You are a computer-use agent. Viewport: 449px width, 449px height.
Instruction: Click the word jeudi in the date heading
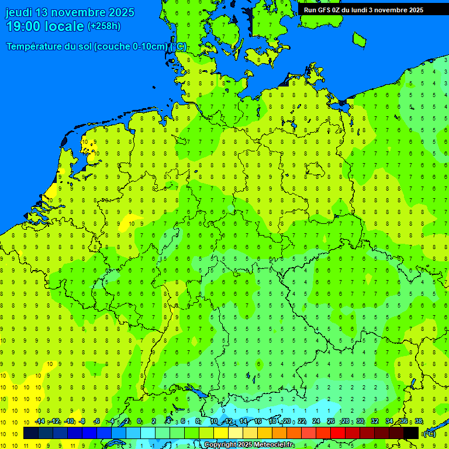coord(19,12)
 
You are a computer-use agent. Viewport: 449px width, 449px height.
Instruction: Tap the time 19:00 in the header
coord(23,26)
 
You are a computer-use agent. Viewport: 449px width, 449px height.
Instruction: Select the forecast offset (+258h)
coord(105,26)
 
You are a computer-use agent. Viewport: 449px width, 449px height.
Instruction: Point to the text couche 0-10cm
coord(132,47)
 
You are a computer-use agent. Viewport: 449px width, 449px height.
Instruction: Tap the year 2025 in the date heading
coord(119,12)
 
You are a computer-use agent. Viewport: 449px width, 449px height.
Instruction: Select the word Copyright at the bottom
coord(220,445)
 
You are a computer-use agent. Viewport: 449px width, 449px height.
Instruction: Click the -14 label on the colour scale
coord(40,422)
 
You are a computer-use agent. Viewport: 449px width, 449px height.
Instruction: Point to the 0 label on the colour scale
coord(140,422)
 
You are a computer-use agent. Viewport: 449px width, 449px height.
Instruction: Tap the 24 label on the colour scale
coord(316,422)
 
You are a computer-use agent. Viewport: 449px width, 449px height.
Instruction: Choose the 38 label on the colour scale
coord(419,422)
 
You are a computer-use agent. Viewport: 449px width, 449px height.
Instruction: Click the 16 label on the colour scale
coord(258,422)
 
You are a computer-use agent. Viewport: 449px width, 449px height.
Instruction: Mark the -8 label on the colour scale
coord(82,422)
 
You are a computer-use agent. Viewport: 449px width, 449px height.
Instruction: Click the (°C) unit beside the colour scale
coord(430,434)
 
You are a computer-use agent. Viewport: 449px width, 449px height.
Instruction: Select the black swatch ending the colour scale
coord(411,433)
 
